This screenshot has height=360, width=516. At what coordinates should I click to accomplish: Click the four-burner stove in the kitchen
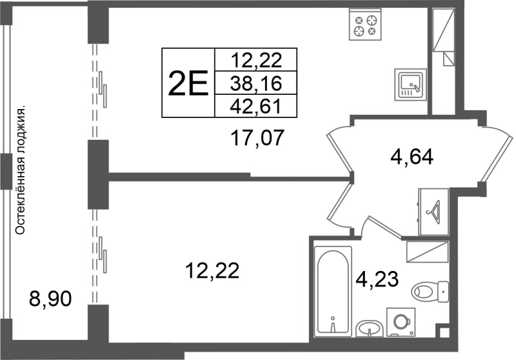(x=365, y=25)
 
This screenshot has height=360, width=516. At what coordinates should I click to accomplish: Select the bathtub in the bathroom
(x=333, y=292)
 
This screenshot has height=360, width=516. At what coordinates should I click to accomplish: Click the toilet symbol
(x=430, y=292)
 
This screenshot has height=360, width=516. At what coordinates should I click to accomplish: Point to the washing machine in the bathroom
(x=401, y=322)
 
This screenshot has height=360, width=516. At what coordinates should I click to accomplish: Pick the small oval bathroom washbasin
(x=369, y=328)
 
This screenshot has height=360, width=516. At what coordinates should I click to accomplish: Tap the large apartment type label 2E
(x=188, y=84)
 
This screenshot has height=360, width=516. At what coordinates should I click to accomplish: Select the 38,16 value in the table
(x=255, y=84)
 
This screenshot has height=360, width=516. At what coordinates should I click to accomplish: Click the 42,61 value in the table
(x=255, y=106)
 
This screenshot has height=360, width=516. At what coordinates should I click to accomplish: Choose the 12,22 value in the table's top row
(x=256, y=61)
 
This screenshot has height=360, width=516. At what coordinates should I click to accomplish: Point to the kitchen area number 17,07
(x=257, y=137)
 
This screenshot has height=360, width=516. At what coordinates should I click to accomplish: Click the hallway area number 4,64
(x=412, y=157)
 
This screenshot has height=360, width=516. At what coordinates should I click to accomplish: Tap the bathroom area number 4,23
(x=377, y=279)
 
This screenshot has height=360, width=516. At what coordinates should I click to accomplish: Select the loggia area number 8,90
(x=50, y=299)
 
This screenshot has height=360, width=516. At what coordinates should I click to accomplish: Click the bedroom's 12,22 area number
(x=212, y=271)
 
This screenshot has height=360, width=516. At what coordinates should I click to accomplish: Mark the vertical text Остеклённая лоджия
(x=21, y=170)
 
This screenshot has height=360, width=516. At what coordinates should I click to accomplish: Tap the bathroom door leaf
(x=384, y=226)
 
